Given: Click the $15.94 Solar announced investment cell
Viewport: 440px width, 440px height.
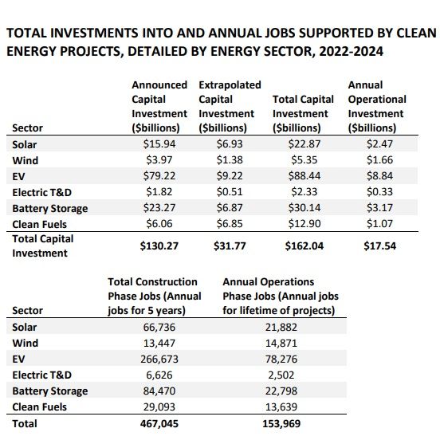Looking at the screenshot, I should [159, 144].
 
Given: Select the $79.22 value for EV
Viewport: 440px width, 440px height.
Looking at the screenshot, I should [159, 176].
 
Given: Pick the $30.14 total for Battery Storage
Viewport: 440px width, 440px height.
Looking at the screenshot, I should [297, 208].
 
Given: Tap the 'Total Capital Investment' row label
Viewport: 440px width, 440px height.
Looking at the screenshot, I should [43, 246].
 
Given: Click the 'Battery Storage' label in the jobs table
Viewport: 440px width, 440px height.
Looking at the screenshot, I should [49, 391].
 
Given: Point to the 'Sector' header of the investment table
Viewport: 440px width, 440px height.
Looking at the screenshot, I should [28, 128].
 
